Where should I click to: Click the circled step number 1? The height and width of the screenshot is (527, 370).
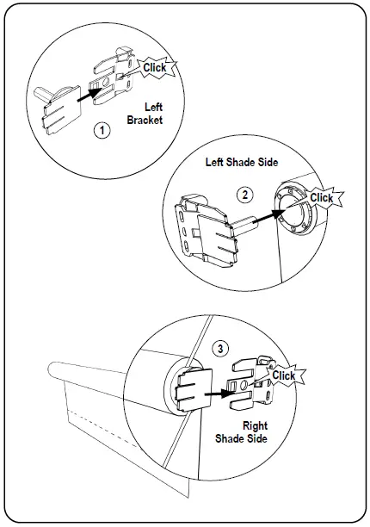(102, 130)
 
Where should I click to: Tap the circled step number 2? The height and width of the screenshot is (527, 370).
(244, 195)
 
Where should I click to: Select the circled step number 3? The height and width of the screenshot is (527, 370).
(220, 349)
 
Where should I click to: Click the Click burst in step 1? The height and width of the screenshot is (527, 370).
(155, 67)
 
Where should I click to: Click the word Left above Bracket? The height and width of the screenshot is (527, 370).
(153, 108)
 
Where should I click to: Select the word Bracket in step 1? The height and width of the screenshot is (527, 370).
(145, 120)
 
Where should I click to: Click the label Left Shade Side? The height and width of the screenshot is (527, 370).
(242, 163)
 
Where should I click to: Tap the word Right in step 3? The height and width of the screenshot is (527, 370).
(256, 425)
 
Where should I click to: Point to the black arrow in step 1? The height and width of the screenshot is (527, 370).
(89, 95)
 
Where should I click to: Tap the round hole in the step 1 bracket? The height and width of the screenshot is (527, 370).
(107, 83)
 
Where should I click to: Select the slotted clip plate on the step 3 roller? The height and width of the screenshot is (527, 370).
(194, 389)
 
